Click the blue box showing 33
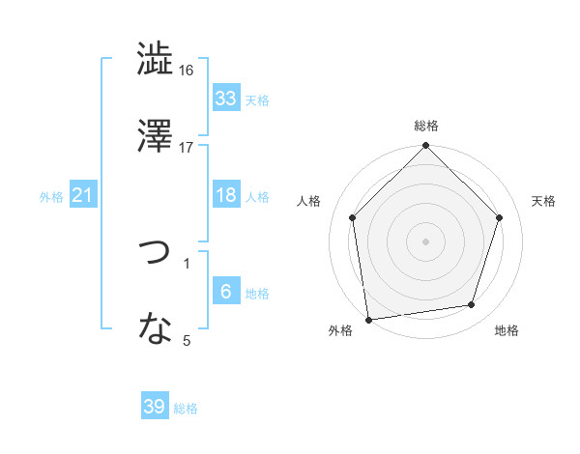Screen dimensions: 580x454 tap(225, 98)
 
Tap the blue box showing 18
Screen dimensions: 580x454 tap(225, 195)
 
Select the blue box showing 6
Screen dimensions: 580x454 tap(225, 292)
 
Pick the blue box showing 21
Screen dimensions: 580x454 tap(82, 195)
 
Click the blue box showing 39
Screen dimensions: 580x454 tap(154, 407)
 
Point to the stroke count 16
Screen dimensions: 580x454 tap(187, 71)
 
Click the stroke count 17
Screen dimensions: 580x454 tap(187, 148)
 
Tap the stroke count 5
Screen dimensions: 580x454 tap(187, 340)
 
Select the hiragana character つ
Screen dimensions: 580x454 tap(155, 254)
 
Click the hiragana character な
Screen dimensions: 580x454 tap(155, 329)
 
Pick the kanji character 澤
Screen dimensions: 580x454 tap(155, 135)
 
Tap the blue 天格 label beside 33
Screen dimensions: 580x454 tap(256, 99)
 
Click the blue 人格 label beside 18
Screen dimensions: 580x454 tap(256, 197)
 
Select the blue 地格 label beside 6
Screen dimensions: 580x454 tap(256, 294)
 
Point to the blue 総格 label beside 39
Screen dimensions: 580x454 tap(186, 409)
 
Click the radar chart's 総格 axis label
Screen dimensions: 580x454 tap(426, 126)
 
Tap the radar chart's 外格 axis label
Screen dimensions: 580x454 tap(340, 331)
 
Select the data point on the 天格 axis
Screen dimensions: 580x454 tap(500, 217)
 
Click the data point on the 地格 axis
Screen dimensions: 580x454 tap(472, 305)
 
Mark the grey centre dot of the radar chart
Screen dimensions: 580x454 tap(426, 241)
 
